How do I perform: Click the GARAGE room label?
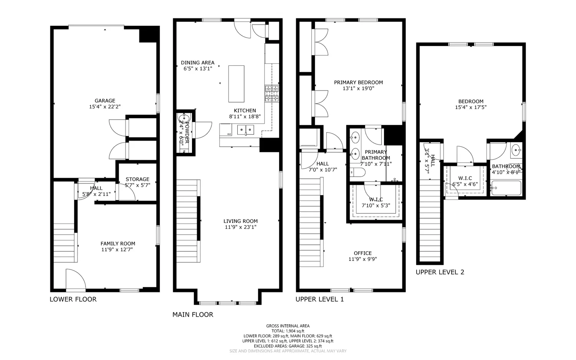105,101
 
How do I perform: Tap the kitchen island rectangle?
236,83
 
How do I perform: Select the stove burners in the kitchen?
271,94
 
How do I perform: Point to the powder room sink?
182,118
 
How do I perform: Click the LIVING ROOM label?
240,221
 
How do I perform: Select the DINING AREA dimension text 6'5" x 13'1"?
197,69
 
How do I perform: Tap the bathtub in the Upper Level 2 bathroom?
506,188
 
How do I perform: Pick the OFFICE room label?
362,253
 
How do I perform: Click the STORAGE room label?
137,179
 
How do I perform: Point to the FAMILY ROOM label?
118,244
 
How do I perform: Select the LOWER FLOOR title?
73,299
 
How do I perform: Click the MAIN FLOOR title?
192,315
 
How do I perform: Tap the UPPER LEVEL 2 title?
440,272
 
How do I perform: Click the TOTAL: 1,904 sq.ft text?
288,331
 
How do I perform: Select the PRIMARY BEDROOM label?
358,82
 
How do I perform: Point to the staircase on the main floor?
188,221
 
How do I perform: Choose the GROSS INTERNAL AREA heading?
288,326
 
